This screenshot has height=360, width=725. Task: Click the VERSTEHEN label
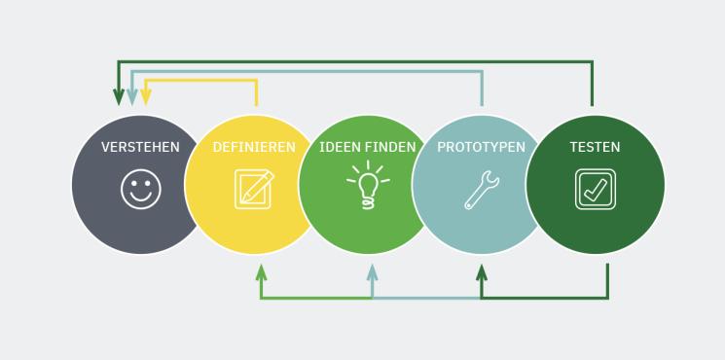pyautogui.click(x=140, y=147)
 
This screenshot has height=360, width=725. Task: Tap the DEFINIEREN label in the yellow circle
pyautogui.click(x=254, y=147)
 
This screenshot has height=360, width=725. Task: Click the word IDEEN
pyautogui.click(x=341, y=147)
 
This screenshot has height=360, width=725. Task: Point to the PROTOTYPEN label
pyautogui.click(x=481, y=147)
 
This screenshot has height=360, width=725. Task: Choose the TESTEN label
pyautogui.click(x=595, y=147)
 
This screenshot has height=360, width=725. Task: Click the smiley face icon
pyautogui.click(x=141, y=189)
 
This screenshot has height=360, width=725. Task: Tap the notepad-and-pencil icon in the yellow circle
pyautogui.click(x=254, y=189)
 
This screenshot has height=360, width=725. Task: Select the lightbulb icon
pyautogui.click(x=369, y=186)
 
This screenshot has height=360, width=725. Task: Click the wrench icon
pyautogui.click(x=482, y=190)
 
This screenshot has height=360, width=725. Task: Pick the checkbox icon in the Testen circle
pyautogui.click(x=595, y=189)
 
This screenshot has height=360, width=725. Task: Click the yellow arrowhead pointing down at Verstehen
pyautogui.click(x=146, y=97)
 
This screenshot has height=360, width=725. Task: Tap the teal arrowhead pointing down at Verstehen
pyautogui.click(x=132, y=97)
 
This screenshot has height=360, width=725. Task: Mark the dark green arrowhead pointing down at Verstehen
pyautogui.click(x=119, y=97)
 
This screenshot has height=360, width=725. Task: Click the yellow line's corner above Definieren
pyautogui.click(x=256, y=81)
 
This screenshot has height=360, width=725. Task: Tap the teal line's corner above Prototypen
pyautogui.click(x=482, y=71)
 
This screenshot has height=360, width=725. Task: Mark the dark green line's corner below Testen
pyautogui.click(x=607, y=297)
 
